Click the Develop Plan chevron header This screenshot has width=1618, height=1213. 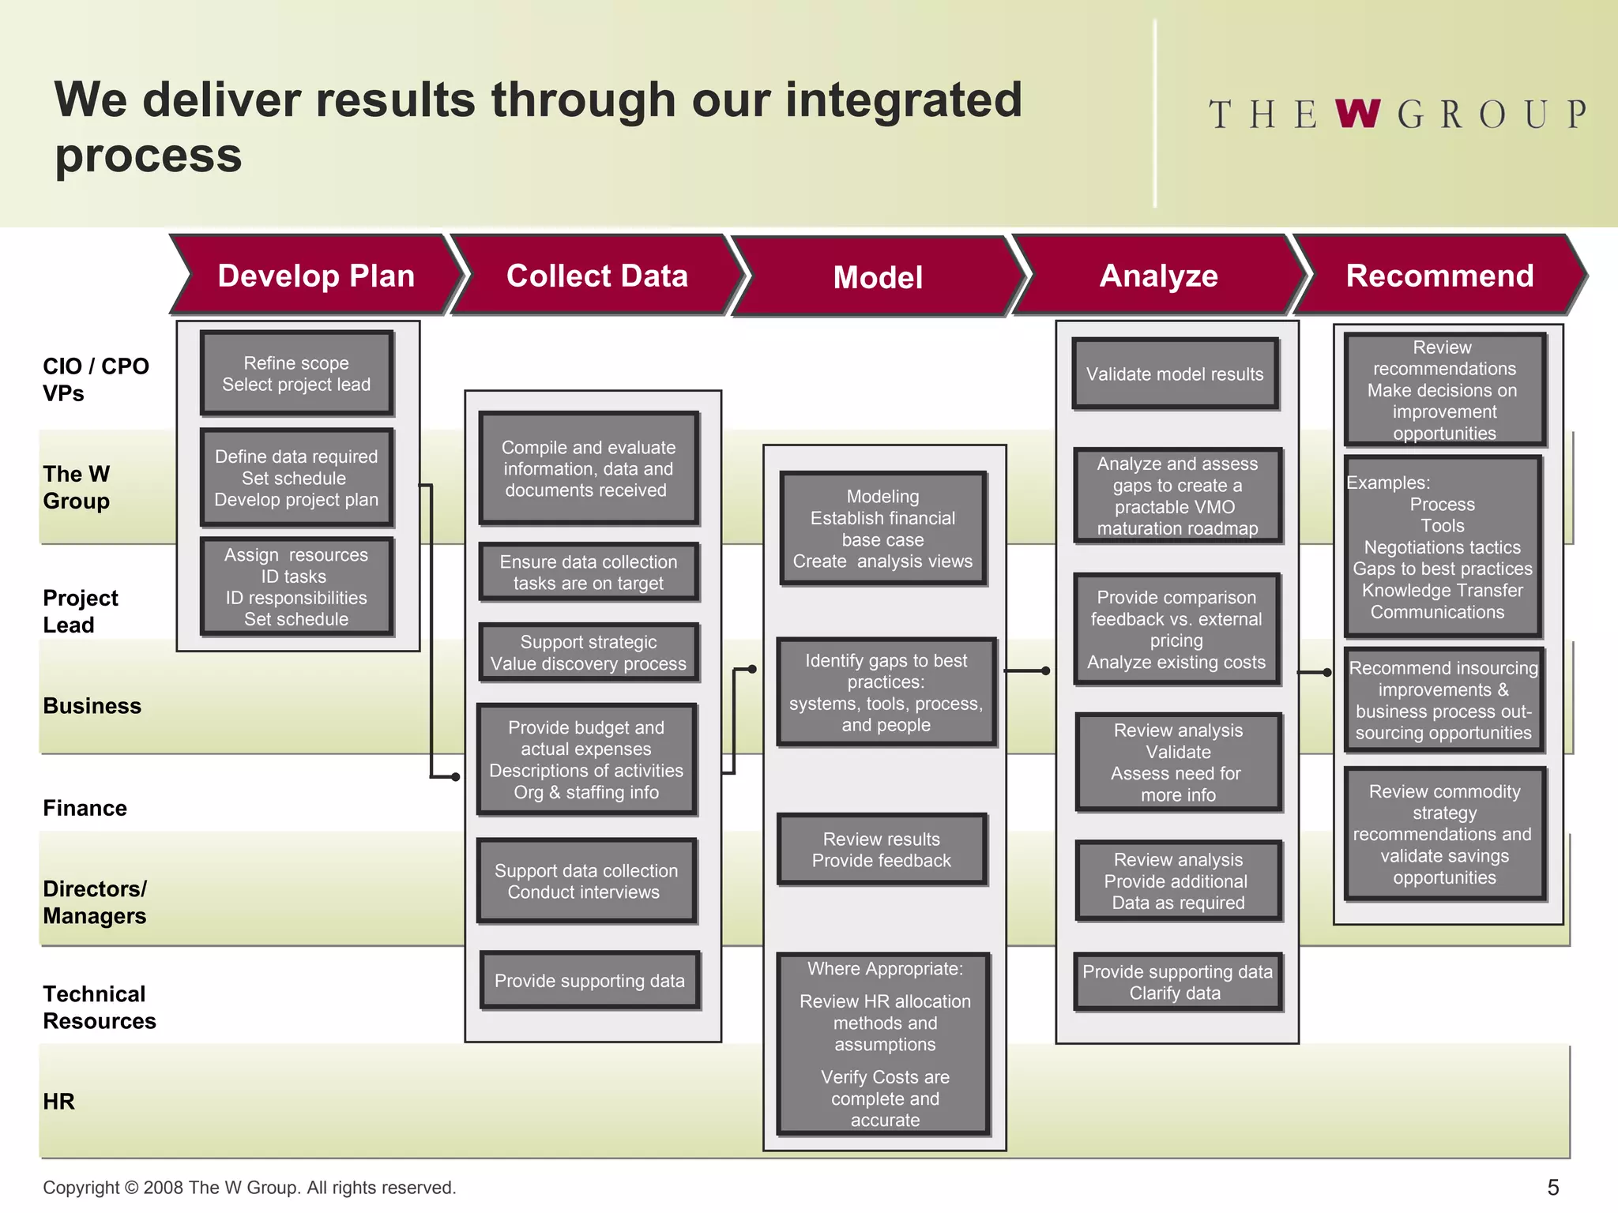click(x=316, y=276)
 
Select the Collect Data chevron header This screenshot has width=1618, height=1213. click(x=596, y=276)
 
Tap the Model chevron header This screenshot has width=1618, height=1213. click(x=878, y=277)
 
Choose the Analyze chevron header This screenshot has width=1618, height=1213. click(x=1158, y=276)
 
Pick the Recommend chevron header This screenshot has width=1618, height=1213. click(x=1439, y=276)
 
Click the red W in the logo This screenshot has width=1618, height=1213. click(x=1357, y=115)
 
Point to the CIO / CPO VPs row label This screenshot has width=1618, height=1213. click(x=95, y=379)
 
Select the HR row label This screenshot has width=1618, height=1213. click(x=58, y=1101)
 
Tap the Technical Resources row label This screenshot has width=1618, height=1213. click(x=99, y=1007)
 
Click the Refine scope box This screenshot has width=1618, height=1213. click(x=296, y=374)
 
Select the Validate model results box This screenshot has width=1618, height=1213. click(x=1175, y=374)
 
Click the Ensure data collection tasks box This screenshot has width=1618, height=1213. click(x=589, y=573)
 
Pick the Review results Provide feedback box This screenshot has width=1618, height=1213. click(x=882, y=850)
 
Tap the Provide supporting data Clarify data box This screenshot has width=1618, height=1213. click(x=1176, y=982)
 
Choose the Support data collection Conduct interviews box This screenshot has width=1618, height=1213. click(x=586, y=881)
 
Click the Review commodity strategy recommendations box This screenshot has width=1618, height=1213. click(x=1444, y=834)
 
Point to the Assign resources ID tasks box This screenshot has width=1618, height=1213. click(x=296, y=587)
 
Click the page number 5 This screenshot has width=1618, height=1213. click(x=1552, y=1187)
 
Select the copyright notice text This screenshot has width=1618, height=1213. click(x=249, y=1187)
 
